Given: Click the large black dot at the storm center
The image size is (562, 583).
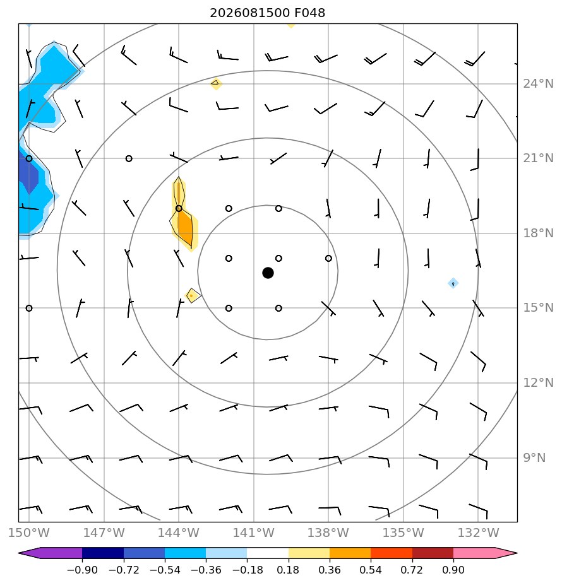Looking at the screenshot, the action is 268,273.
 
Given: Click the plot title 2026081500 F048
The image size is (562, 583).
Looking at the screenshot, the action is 267,13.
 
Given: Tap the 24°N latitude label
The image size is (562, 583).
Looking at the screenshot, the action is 538,84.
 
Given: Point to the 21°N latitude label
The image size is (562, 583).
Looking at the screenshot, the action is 538,158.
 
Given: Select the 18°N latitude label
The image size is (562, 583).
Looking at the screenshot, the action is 538,233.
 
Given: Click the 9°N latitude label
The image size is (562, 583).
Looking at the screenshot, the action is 534,457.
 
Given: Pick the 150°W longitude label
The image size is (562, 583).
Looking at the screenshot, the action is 28,533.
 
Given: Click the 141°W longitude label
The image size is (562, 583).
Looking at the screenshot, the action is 253,533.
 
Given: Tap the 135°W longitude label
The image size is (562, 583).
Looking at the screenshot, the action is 404,533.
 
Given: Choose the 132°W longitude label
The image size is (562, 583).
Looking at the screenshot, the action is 478,533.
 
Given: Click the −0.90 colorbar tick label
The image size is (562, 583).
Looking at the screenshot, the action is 82,570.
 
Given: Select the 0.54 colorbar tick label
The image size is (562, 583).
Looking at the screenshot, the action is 371,570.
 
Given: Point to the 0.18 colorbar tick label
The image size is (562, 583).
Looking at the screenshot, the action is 288,570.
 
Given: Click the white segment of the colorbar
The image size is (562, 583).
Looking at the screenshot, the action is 268,553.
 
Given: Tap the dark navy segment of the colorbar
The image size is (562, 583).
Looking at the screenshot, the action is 103,553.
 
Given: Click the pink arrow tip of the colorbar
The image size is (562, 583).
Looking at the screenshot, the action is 506,553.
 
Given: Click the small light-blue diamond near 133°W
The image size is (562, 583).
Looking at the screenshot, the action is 453,283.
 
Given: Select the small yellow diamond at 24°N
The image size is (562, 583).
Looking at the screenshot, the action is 216,84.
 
